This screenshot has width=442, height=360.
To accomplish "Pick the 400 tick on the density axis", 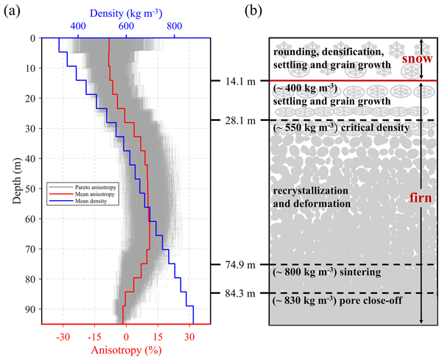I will tap(76, 27).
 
